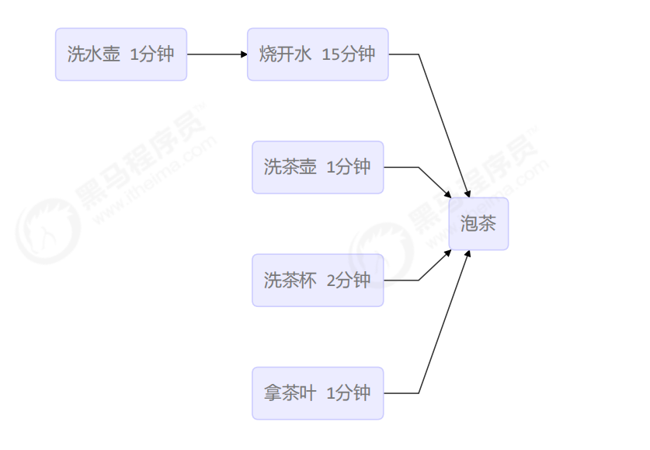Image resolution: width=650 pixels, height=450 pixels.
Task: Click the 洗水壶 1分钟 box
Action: (121, 54)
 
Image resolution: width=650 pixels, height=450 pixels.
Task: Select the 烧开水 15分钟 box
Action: (318, 54)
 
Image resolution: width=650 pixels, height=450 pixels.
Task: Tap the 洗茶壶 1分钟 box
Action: (318, 167)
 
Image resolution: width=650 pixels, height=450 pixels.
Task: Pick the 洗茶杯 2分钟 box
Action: (318, 280)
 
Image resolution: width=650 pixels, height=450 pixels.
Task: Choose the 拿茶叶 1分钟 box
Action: (318, 393)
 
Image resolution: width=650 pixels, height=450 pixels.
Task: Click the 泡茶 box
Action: (478, 224)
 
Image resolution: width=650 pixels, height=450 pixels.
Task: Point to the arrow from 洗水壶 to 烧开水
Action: (217, 54)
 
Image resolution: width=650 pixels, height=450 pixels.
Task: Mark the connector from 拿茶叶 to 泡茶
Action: (443, 326)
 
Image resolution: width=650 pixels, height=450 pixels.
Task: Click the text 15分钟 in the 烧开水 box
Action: (348, 54)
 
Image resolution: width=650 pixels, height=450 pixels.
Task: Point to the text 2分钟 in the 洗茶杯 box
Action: (349, 280)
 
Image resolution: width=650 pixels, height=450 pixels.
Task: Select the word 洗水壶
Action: (94, 54)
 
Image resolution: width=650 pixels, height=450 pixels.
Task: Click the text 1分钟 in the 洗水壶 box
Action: (152, 54)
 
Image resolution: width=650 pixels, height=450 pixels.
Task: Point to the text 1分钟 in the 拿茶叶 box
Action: (349, 393)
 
